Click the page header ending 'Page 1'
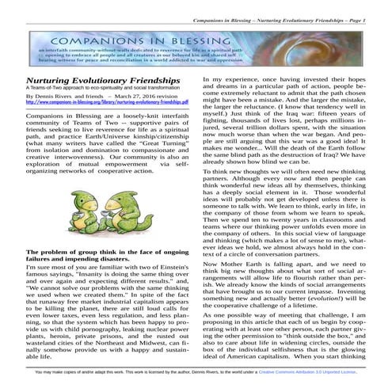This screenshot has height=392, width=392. pos(309,7)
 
